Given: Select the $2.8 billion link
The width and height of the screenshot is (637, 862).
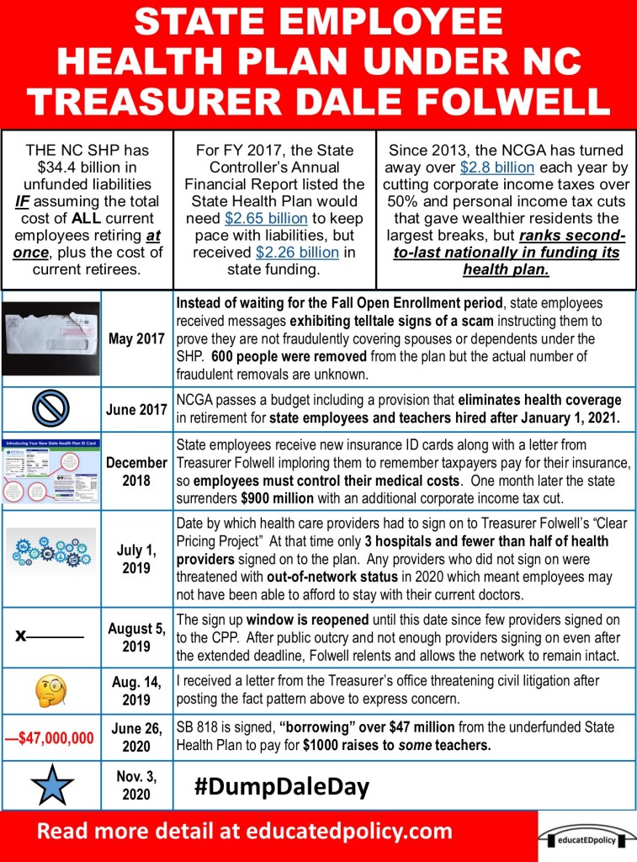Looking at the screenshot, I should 496,168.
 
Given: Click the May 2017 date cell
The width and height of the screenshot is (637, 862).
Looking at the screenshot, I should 138,339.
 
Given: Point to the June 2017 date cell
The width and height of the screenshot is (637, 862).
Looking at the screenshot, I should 137,410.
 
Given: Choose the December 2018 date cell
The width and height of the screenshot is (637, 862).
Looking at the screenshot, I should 137,471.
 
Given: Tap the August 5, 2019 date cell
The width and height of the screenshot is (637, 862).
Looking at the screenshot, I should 137,636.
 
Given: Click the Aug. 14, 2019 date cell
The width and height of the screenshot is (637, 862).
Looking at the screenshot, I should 137,690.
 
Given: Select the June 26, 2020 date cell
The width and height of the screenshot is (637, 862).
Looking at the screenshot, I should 137,737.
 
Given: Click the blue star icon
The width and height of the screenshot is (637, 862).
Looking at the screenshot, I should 51,786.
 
